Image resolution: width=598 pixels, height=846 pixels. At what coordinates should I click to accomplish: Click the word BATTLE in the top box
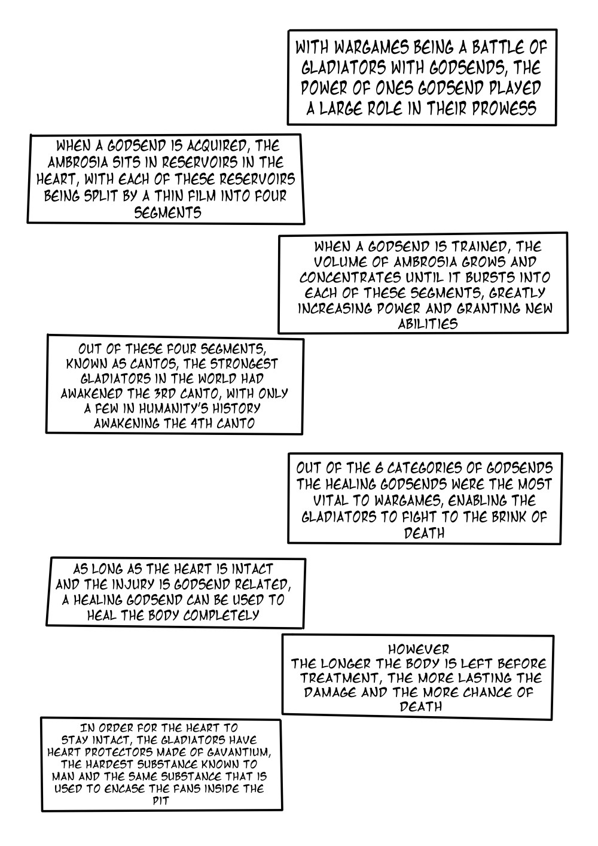(x=492, y=48)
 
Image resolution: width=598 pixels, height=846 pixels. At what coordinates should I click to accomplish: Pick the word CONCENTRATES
(x=350, y=278)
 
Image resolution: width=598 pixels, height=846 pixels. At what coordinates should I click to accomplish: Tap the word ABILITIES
(x=428, y=324)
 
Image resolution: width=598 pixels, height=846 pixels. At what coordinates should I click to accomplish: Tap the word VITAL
(x=330, y=501)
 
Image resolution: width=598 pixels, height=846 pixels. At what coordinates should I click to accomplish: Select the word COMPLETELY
(x=221, y=616)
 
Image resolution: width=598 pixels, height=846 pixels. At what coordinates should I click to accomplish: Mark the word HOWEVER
(x=419, y=649)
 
